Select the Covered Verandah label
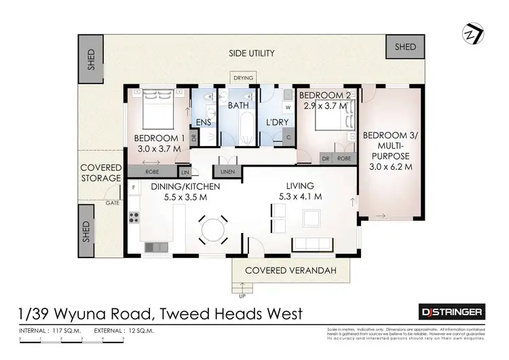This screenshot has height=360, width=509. (x=293, y=270)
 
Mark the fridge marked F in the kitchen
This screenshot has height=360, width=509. (x=134, y=185)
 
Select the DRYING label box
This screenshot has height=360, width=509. (x=243, y=78)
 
